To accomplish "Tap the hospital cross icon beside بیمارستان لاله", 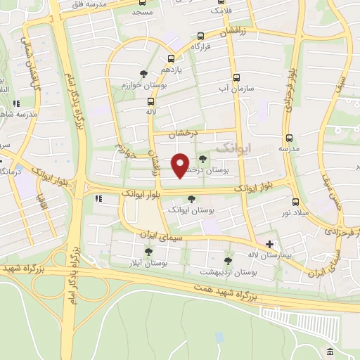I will click(269, 244).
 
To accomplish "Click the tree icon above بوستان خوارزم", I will click(144, 73).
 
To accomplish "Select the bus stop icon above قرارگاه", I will click(201, 36).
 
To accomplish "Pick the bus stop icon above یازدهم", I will click(171, 59).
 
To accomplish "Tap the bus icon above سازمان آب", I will click(236, 78).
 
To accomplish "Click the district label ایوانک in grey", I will click(234, 147).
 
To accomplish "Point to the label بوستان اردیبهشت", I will click(228, 271).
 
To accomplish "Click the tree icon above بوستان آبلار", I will click(148, 251).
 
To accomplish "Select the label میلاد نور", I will click(297, 213).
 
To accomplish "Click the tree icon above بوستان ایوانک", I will click(192, 199).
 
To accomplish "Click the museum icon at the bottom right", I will click(330, 351).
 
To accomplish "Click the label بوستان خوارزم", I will click(145, 85).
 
